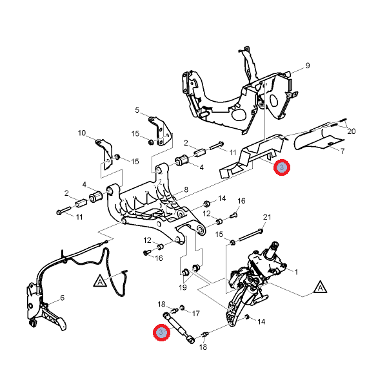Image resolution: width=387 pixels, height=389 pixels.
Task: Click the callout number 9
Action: [x=308, y=66]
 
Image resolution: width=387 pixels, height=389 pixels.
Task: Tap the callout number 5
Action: [x=137, y=110]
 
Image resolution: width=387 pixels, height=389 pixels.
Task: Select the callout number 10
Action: [x=82, y=133]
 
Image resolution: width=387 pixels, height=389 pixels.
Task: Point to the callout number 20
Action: [x=352, y=131]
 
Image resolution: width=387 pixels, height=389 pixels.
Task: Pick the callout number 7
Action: [x=342, y=151]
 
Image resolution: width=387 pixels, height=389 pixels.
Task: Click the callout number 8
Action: [x=186, y=189]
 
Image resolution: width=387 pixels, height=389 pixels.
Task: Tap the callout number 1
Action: [x=296, y=272]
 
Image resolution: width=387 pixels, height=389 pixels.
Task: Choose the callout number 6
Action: [x=63, y=298]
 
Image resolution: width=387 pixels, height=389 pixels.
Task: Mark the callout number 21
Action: [x=267, y=216]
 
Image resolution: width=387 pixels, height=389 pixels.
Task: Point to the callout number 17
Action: [x=196, y=314]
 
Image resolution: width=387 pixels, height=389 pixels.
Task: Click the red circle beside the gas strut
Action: [x=160, y=332]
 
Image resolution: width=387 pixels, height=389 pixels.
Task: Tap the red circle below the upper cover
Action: [x=282, y=168]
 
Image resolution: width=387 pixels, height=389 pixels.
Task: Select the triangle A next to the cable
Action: [x=100, y=281]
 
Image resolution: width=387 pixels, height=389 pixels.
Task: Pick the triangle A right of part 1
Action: [x=319, y=287]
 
